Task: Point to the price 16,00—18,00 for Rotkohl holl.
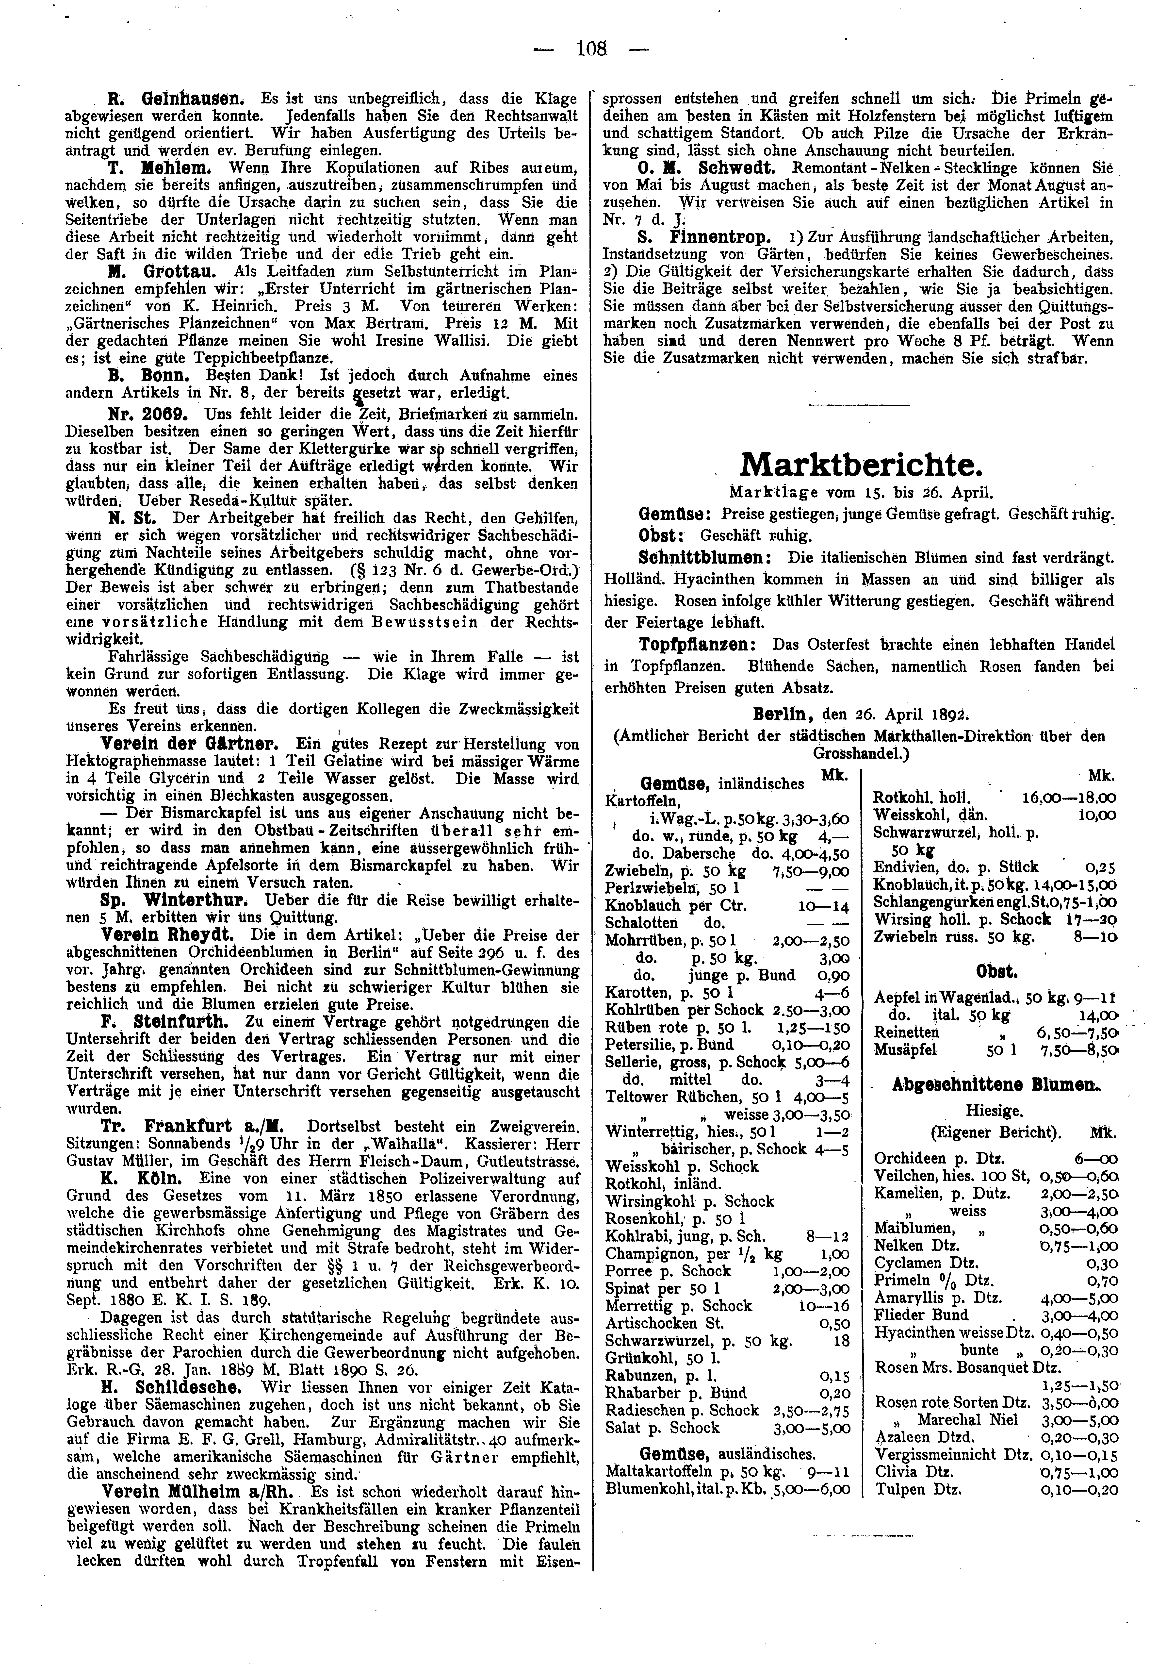tap(1069, 797)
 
